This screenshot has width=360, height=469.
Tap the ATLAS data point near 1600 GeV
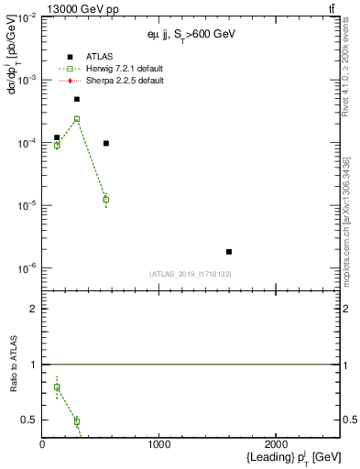[229, 251]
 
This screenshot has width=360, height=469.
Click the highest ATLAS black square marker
[77, 99]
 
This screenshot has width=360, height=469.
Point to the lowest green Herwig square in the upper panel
[106, 199]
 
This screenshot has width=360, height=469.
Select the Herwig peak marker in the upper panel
[77, 119]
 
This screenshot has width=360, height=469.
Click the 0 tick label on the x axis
[42, 444]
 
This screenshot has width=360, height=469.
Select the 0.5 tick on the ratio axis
[29, 420]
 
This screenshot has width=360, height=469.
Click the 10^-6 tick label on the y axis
[26, 268]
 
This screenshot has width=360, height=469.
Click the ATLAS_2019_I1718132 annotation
[191, 274]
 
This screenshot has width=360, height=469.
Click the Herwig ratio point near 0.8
[57, 387]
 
